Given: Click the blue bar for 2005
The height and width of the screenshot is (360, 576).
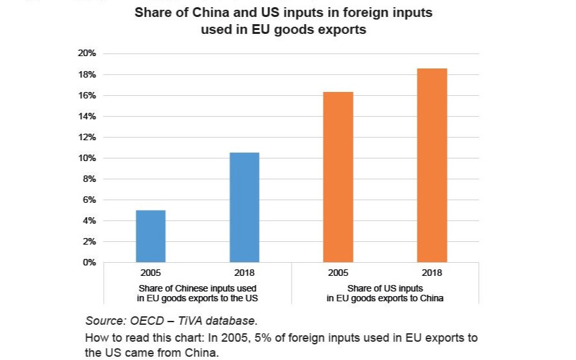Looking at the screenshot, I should (151, 236).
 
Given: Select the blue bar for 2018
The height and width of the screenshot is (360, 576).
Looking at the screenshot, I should (245, 207).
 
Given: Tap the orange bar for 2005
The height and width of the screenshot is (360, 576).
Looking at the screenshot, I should (338, 177).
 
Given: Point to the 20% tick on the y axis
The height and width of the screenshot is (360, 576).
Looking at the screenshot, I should (87, 53).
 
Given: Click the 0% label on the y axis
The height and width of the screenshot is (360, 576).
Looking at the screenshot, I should (89, 262).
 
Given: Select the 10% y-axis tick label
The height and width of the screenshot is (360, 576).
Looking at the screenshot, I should (87, 158).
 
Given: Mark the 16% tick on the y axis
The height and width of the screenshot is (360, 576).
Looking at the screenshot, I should (87, 95).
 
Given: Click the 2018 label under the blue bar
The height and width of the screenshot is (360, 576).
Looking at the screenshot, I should (245, 273).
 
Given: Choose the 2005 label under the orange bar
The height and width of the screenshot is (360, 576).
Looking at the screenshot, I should (338, 273).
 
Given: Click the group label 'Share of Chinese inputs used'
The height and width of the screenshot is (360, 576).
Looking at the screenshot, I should (198, 288).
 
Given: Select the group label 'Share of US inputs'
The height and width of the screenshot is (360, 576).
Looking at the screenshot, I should (385, 288).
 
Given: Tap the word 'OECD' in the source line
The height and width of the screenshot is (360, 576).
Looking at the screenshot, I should (149, 320).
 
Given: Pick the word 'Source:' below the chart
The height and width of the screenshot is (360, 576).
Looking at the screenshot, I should (104, 320).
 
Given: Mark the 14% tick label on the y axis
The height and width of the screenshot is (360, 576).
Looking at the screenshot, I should (87, 116).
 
